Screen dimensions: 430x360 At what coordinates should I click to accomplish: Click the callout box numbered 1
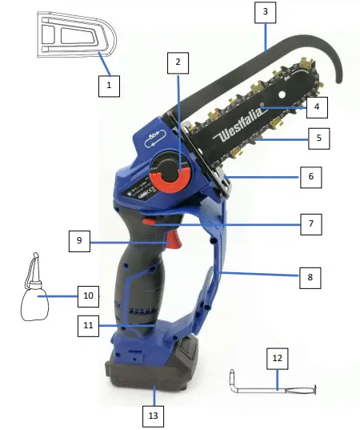click(109, 83)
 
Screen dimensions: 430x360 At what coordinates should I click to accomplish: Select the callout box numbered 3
click(264, 13)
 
